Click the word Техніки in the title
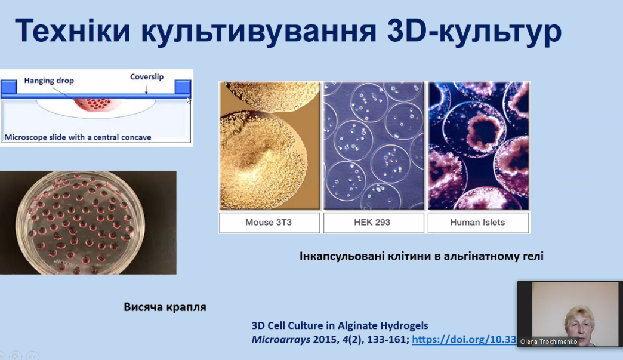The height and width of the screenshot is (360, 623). (x=73, y=30)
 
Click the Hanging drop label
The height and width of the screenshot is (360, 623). (x=49, y=81)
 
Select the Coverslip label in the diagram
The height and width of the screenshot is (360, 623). (x=147, y=76)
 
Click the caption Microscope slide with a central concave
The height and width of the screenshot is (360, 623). (x=78, y=137)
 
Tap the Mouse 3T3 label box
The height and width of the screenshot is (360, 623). (x=269, y=223)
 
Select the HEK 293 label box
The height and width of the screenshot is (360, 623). (x=374, y=223)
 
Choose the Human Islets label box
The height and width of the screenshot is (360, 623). (x=478, y=223)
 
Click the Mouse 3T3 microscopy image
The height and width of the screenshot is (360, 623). (x=269, y=146)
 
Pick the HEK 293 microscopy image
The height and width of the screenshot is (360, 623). (x=374, y=146)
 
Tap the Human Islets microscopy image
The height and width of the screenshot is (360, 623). (x=479, y=146)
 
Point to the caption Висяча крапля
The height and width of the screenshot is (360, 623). (x=165, y=307)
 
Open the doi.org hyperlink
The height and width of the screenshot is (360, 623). (x=464, y=340)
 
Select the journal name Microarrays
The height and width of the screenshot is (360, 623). (x=281, y=340)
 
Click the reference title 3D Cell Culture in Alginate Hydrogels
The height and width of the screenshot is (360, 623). (x=340, y=326)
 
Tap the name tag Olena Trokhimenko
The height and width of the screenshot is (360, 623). (x=548, y=341)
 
